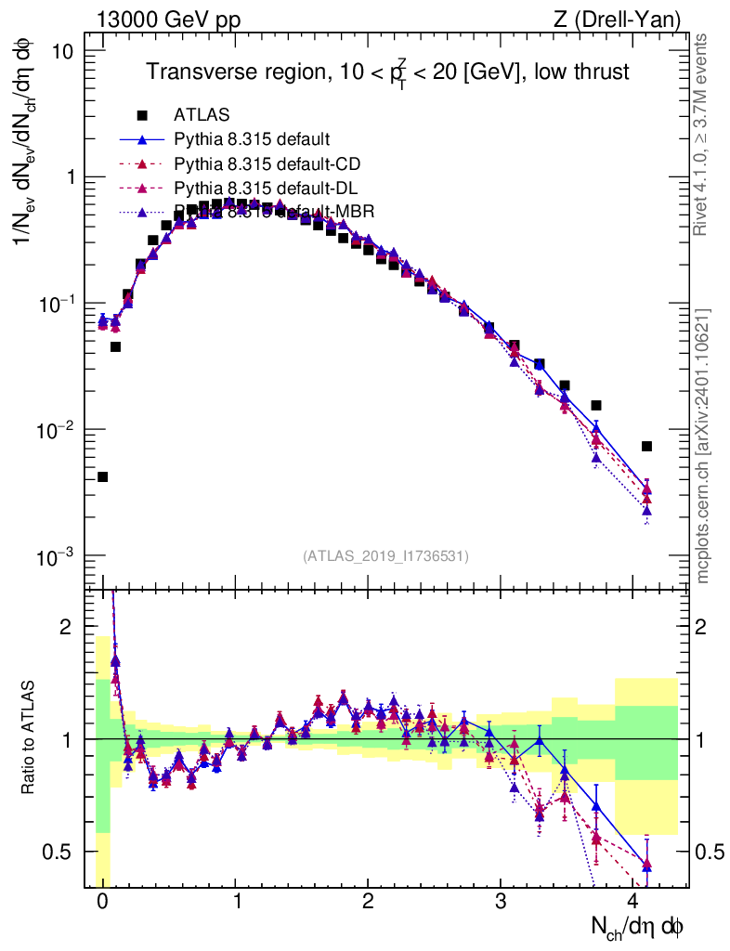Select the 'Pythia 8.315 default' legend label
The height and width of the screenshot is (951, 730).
[251, 140]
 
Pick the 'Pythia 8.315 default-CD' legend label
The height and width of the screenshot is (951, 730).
[267, 164]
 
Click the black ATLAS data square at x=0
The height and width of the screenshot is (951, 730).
[102, 477]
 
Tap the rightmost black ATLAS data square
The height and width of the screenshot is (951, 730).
[646, 447]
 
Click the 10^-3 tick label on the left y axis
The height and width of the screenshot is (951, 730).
[57, 557]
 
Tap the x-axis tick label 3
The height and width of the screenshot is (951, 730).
[501, 903]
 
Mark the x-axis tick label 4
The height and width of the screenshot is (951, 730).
[634, 903]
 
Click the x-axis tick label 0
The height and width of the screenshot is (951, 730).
[102, 903]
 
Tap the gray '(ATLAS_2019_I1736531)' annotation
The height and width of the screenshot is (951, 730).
[385, 556]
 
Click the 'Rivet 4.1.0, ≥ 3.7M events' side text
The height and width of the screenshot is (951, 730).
[703, 134]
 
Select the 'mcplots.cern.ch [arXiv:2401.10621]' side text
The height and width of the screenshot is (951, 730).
[703, 446]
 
